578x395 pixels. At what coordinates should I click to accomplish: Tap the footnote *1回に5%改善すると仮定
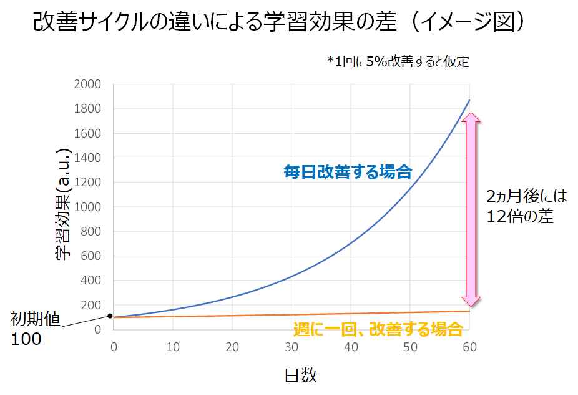coord(398,61)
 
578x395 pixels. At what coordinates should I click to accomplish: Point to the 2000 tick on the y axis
coord(87,84)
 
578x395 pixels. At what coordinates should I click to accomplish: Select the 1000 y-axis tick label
coord(87,207)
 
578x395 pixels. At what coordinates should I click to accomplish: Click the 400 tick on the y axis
coord(91,281)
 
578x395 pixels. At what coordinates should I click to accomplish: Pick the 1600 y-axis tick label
coord(87,133)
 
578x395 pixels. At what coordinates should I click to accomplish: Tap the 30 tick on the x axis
coord(291,347)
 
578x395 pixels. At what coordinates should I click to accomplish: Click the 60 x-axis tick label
coord(470,347)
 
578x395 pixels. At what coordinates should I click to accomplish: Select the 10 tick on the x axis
coord(172,347)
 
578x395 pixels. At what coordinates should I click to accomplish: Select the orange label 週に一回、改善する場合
coord(378,329)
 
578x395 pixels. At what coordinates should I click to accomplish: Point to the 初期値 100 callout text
coord(34,329)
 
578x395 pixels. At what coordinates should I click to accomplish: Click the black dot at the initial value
coord(110,316)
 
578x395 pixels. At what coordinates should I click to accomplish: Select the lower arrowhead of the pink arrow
coord(471,300)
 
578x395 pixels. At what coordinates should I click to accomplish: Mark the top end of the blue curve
coord(469,100)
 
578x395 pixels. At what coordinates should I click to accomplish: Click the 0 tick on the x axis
coord(113,347)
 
